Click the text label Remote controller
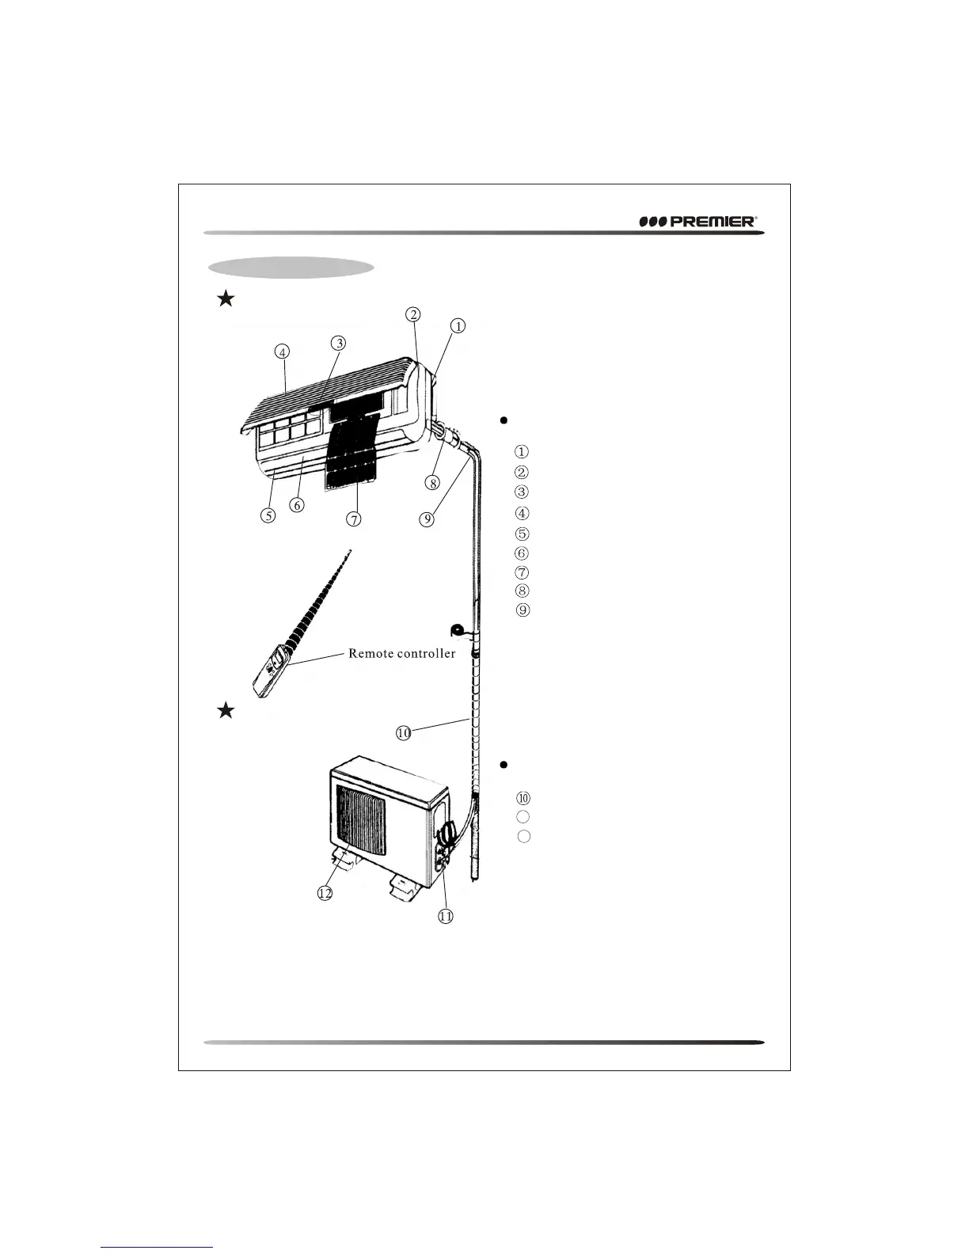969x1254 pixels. pyautogui.click(x=401, y=654)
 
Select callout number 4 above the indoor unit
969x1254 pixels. pyautogui.click(x=283, y=350)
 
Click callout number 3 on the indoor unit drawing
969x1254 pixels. pyautogui.click(x=338, y=343)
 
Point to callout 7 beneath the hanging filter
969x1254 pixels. pyautogui.click(x=353, y=519)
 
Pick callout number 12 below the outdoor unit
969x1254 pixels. pyautogui.click(x=324, y=893)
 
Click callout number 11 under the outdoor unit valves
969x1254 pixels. pyautogui.click(x=446, y=916)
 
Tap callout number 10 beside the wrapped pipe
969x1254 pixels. pyautogui.click(x=404, y=733)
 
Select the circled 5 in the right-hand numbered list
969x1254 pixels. pyautogui.click(x=522, y=534)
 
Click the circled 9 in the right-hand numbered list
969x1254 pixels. pyautogui.click(x=522, y=610)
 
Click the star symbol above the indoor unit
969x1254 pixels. pyautogui.click(x=226, y=298)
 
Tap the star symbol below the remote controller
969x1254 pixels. pyautogui.click(x=226, y=710)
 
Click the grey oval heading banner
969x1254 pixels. pyautogui.click(x=290, y=268)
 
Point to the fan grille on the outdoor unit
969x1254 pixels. pyautogui.click(x=361, y=823)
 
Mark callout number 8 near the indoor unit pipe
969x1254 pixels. pyautogui.click(x=432, y=482)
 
